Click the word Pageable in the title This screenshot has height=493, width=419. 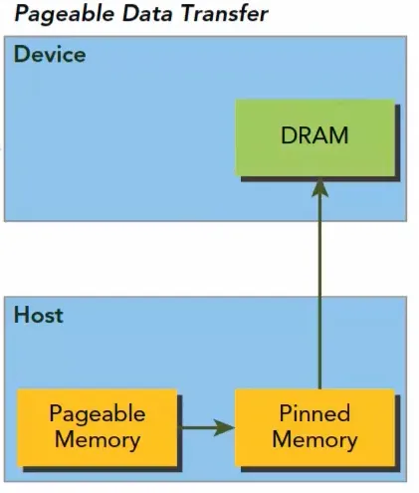[x=65, y=15]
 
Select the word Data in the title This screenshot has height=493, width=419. [x=148, y=13]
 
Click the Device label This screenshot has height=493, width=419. [x=50, y=54]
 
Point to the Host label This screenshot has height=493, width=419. [x=39, y=315]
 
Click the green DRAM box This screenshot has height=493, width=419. [x=314, y=137]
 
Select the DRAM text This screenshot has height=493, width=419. [x=314, y=135]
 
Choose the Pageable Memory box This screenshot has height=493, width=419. [x=97, y=427]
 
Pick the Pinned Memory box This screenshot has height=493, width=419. [x=314, y=427]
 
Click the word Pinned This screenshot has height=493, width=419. [x=314, y=413]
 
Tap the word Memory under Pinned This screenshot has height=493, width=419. [x=314, y=440]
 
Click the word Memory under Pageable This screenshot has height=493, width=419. [x=98, y=440]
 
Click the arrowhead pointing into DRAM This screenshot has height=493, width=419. [x=319, y=188]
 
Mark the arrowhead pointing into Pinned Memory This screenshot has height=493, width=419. [x=225, y=427]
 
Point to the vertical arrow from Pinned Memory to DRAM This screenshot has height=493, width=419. [x=319, y=284]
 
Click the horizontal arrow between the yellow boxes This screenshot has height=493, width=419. [x=206, y=427]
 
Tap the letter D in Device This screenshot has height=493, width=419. [x=21, y=54]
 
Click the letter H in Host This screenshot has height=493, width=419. [x=21, y=315]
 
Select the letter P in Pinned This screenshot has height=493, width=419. [x=286, y=413]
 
